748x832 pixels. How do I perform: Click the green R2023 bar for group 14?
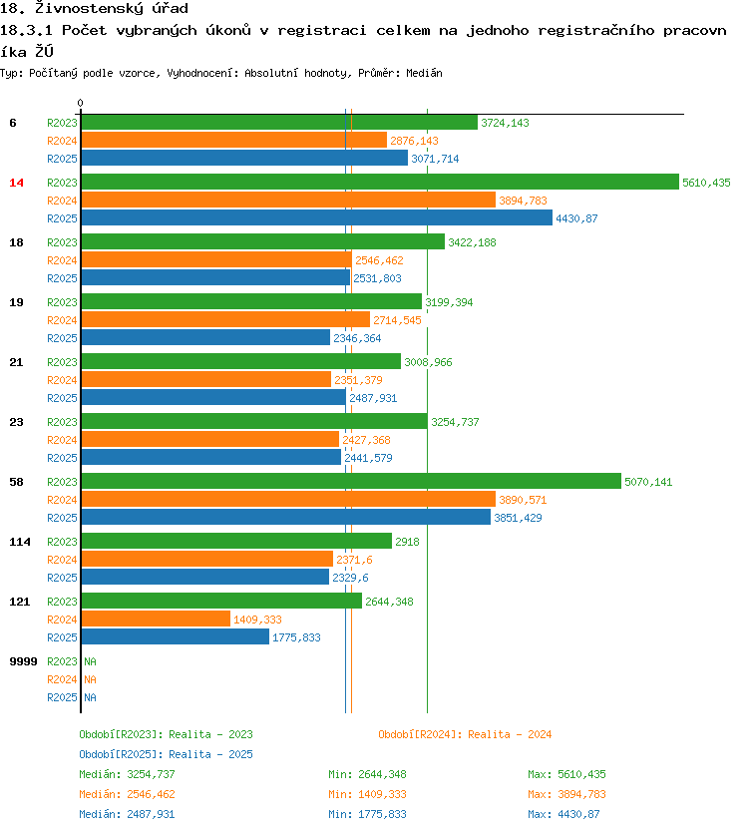[x=379, y=183]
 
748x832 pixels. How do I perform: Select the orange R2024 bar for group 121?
[x=155, y=620]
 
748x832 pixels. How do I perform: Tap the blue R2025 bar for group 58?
[x=285, y=518]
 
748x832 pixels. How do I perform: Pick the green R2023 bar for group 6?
[x=278, y=123]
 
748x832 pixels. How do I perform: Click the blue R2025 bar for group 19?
[x=204, y=338]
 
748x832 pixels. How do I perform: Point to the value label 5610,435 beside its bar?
[x=706, y=183]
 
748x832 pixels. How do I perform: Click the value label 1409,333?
[x=257, y=620]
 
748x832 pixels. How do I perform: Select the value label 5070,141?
[x=648, y=482]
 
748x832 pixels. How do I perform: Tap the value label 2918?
[x=407, y=542]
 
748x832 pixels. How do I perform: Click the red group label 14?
[x=16, y=183]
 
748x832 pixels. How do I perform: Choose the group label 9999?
[x=23, y=661]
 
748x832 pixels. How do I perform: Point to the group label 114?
[x=19, y=542]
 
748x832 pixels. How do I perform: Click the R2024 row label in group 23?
[x=62, y=440]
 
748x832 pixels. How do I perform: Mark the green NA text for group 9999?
[x=90, y=661]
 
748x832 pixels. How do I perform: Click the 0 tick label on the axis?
[x=80, y=103]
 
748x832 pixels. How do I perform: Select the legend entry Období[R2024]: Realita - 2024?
[x=465, y=734]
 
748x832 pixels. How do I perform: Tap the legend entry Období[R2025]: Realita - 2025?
[x=166, y=754]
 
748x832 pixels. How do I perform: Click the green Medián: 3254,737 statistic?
[x=127, y=774]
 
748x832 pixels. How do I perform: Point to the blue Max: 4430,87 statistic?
[x=563, y=814]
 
